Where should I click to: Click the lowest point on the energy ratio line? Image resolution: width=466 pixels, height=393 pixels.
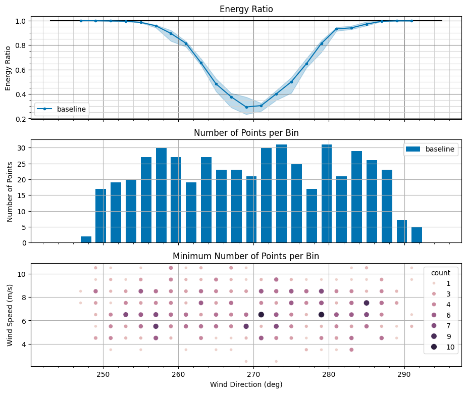(x=246, y=107)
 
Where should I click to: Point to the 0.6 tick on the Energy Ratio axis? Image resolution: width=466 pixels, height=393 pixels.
(x=22, y=70)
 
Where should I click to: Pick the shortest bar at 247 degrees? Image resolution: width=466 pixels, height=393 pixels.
(x=86, y=239)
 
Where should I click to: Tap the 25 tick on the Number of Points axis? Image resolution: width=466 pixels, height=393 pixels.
(x=22, y=164)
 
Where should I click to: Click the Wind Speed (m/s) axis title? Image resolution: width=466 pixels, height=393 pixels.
(x=10, y=315)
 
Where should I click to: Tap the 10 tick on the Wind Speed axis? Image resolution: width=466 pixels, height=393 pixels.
(x=22, y=274)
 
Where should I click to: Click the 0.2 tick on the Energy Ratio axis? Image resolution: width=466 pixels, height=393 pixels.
(x=22, y=119)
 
